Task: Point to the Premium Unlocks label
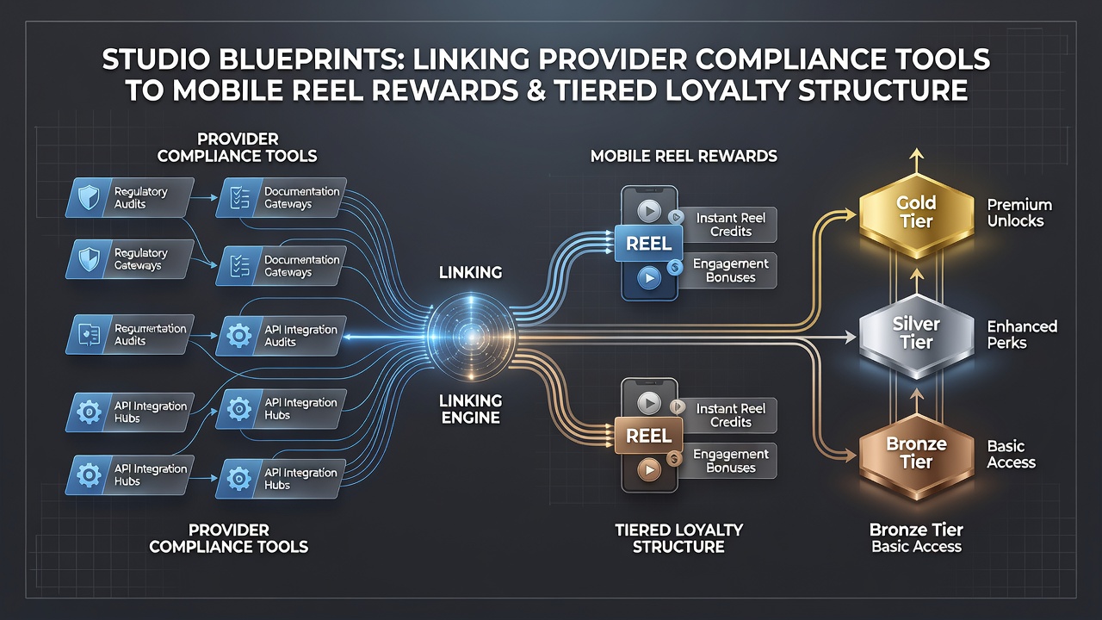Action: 1019,213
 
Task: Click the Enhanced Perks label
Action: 1022,335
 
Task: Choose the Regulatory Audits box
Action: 130,198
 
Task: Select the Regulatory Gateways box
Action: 130,259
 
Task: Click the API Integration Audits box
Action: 281,336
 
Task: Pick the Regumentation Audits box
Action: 130,335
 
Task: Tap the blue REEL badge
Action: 649,244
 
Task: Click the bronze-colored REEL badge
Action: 649,436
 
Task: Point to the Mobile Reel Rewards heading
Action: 684,156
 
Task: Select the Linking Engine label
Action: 470,409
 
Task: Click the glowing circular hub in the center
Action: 471,337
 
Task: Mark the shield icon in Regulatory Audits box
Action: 89,198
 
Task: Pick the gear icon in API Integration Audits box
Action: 239,336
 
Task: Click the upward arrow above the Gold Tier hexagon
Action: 916,160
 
